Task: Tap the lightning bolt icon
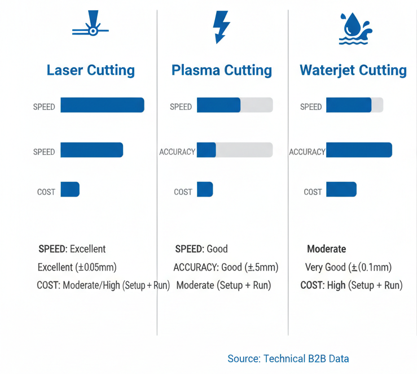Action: [220, 27]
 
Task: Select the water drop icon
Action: [354, 28]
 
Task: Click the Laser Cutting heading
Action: [91, 71]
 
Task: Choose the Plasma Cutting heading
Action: [221, 71]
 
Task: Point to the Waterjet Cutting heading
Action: [353, 71]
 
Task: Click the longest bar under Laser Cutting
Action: [102, 105]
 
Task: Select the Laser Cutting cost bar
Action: [70, 189]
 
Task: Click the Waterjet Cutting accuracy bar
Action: [359, 150]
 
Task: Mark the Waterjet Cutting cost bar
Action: [341, 189]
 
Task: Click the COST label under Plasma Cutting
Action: [183, 192]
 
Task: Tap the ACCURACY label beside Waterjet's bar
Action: [307, 152]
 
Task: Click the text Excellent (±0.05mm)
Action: [77, 267]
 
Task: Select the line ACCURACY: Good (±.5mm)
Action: [226, 267]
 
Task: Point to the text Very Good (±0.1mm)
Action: [348, 267]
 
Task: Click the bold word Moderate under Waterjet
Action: [326, 249]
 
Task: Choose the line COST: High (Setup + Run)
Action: [351, 285]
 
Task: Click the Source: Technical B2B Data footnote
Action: [288, 359]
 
